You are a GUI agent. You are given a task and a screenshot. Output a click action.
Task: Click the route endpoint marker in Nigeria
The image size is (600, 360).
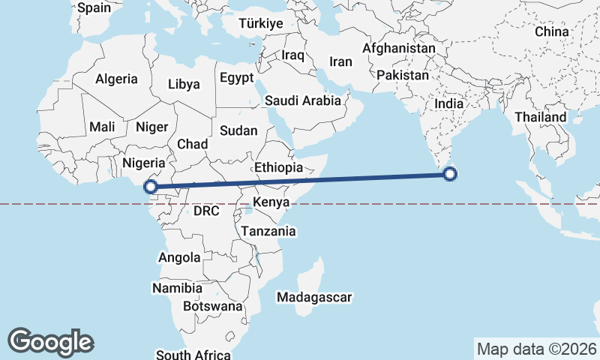point(151,186)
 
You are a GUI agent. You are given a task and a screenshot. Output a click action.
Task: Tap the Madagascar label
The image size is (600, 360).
point(314,298)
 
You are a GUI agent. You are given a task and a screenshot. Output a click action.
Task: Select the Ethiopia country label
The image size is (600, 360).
point(278,168)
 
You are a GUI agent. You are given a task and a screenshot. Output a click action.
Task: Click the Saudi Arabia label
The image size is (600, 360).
point(302,100)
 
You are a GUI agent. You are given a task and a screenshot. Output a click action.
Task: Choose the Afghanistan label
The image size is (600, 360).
point(398,49)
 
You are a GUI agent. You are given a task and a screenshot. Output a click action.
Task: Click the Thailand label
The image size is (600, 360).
point(541,118)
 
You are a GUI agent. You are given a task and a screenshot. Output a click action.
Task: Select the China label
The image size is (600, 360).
point(552,32)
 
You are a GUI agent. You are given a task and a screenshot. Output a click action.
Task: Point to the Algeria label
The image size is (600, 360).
point(116,79)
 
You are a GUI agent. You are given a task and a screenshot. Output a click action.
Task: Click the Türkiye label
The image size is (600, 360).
point(260,24)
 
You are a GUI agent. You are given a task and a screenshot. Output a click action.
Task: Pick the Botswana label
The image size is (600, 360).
point(213,306)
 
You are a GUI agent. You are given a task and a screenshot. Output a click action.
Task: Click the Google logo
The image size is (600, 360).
point(50,342)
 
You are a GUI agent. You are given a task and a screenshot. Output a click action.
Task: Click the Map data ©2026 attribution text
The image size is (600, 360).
point(536,349)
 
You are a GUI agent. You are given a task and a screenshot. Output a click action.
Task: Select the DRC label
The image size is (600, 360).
point(206,211)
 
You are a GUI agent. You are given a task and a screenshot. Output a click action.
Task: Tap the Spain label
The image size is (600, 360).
point(94,8)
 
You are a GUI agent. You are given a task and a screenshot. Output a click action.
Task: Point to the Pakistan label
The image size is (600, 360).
point(403,76)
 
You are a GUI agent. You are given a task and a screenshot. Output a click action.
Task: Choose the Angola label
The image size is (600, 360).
point(179,257)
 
